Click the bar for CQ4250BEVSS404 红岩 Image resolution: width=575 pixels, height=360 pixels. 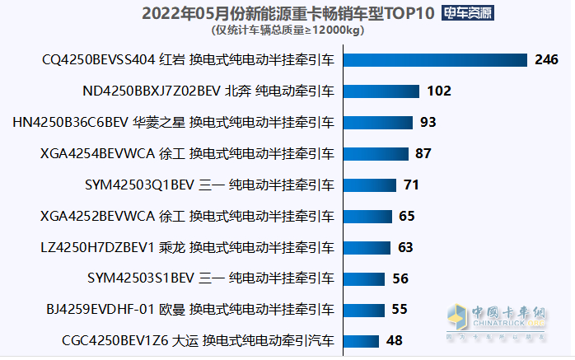(x=434, y=60)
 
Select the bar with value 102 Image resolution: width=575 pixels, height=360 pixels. (x=381, y=91)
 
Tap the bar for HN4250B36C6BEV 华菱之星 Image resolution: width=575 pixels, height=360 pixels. (x=377, y=123)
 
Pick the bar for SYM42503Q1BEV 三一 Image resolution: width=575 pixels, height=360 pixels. (x=369, y=185)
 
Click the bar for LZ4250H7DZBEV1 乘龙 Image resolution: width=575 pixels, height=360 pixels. (x=367, y=247)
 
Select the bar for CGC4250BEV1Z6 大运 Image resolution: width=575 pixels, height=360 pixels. (x=361, y=340)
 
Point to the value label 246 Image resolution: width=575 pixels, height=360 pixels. (x=546, y=60)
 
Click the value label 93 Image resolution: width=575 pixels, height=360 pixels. (x=428, y=123)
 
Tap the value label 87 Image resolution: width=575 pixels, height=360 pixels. (x=423, y=153)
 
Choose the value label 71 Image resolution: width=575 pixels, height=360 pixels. (x=411, y=185)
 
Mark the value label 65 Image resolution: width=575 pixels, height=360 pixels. (x=406, y=216)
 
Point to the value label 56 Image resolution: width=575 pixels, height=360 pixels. (x=400, y=278)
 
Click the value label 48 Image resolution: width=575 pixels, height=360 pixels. (x=394, y=340)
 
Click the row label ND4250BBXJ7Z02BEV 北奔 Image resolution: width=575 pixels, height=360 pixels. (x=209, y=91)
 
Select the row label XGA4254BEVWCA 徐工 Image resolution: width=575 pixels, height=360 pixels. (x=188, y=153)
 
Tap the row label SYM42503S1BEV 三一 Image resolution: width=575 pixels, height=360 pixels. (x=211, y=278)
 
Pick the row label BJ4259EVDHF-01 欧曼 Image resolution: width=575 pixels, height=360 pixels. (x=190, y=310)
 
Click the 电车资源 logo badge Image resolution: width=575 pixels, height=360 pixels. (x=470, y=13)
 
